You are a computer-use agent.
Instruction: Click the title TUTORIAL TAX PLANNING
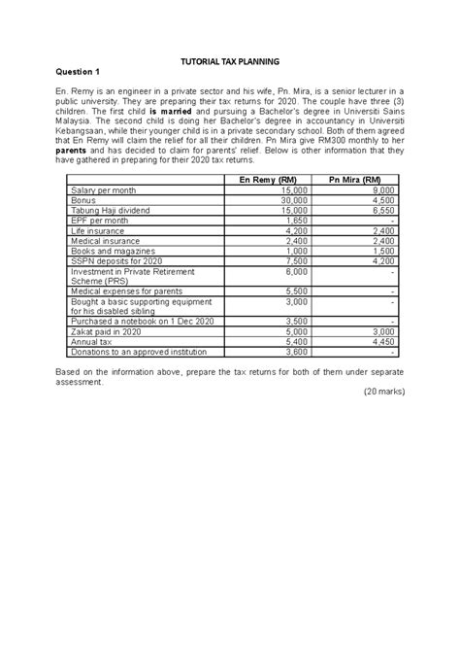(x=229, y=62)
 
